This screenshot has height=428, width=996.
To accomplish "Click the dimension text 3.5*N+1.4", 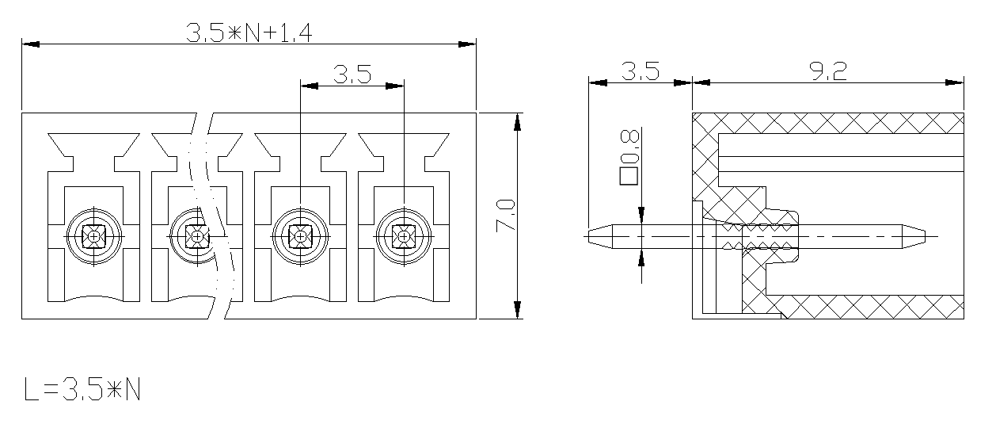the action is pos(249,33).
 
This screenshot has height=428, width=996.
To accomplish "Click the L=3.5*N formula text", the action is pos(82,390).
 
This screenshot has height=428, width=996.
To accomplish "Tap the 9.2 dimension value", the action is pos(828,71).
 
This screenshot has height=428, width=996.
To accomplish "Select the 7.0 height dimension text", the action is pos(506,216).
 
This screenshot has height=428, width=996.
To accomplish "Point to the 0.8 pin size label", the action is pos(629,146).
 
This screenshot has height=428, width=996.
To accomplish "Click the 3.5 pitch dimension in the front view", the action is pos(352,75).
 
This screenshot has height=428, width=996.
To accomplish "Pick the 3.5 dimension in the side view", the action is pos(641,71).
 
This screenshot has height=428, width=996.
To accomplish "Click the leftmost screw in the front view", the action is pos(93,237).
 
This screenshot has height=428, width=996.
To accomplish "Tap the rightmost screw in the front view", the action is pos(404,237).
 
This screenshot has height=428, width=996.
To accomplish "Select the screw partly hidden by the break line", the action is pos(197,237).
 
